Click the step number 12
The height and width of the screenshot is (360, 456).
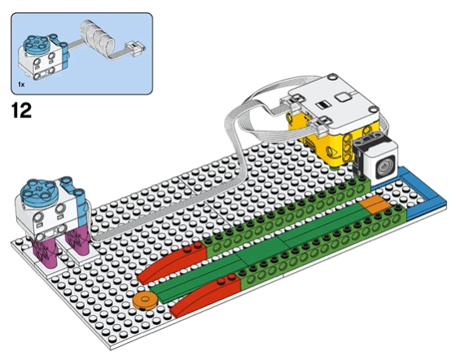point(21,111)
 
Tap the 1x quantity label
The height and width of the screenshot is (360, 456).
point(21,85)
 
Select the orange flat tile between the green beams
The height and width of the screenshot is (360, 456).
point(375,204)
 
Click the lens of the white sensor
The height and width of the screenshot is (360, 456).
point(385,166)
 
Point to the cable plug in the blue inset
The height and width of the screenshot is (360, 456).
point(135,48)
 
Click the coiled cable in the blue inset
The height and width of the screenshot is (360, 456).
point(98,37)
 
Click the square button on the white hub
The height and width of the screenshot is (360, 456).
point(342,97)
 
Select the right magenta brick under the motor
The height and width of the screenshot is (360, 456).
point(77,240)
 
